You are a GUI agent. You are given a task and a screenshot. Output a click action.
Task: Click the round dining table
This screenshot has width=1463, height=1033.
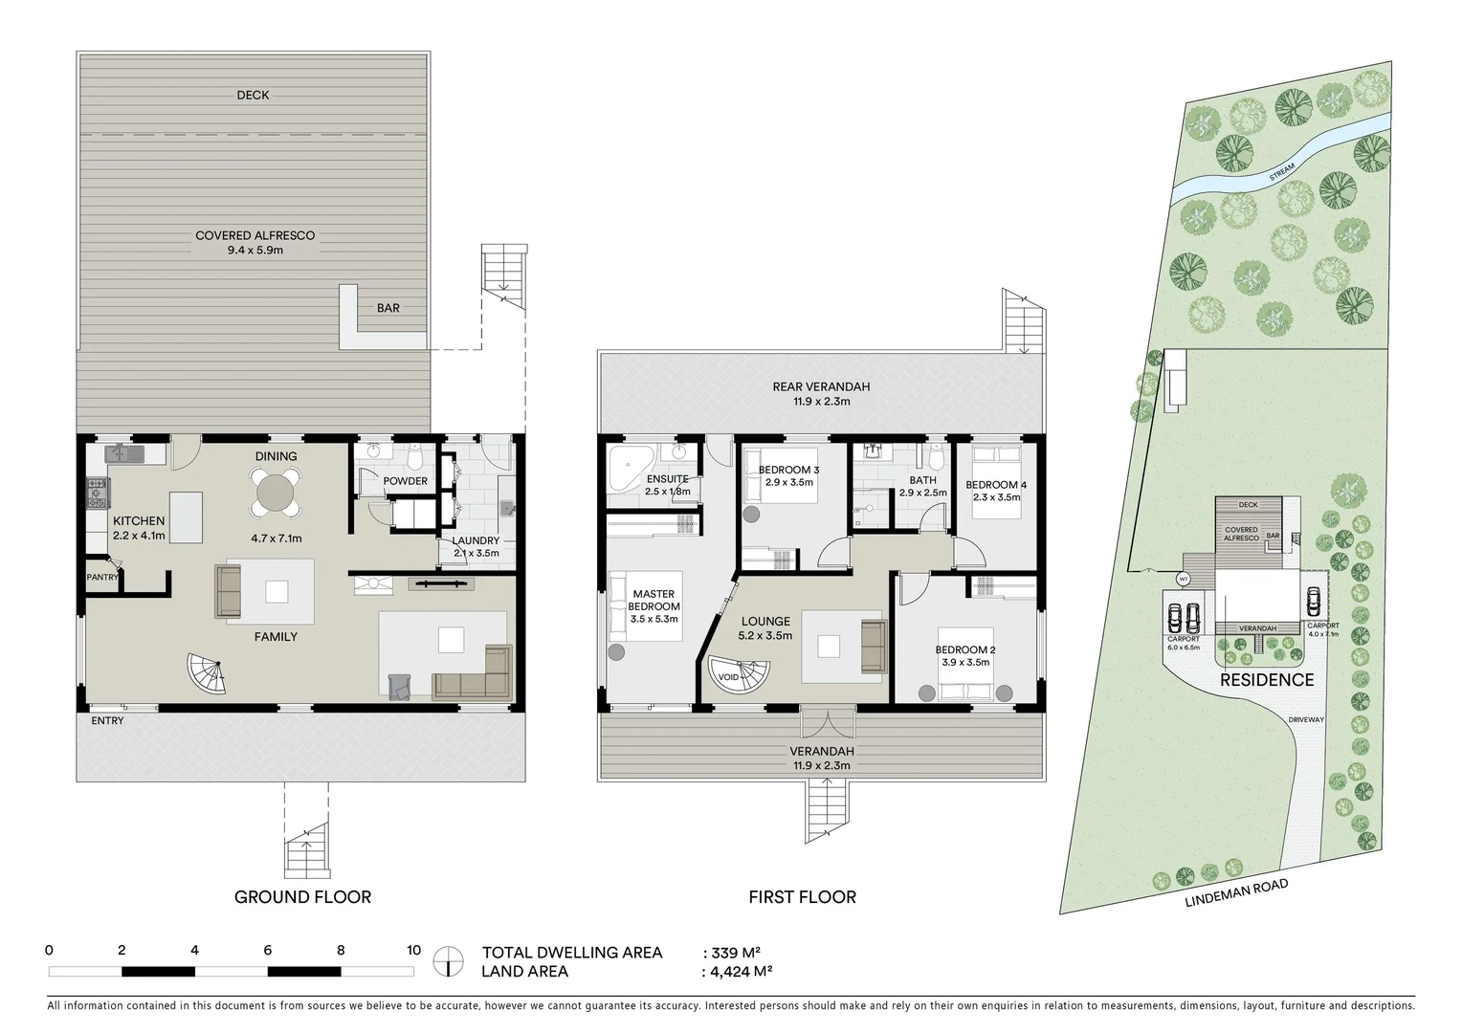[x=276, y=494]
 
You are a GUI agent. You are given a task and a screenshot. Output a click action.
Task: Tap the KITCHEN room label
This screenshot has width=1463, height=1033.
[x=139, y=521]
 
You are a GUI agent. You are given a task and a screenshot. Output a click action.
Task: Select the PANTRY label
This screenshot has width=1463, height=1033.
[x=101, y=578]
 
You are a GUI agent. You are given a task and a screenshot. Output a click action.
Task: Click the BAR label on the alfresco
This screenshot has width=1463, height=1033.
[x=388, y=308]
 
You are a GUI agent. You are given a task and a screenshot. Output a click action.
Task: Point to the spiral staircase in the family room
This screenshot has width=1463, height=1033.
[x=209, y=673]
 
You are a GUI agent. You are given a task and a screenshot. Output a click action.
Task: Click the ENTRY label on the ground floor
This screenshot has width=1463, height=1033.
[x=107, y=720]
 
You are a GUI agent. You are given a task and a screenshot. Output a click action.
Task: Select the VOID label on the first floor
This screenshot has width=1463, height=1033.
[x=728, y=677]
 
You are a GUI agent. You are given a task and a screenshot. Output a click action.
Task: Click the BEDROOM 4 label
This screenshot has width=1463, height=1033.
[x=996, y=485]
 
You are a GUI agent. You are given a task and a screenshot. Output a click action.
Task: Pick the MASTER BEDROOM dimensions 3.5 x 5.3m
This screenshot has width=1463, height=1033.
[x=654, y=619]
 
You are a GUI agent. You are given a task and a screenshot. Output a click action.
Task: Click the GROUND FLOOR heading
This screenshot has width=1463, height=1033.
[x=302, y=896]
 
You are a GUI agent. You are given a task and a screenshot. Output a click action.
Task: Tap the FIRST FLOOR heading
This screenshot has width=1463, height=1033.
[x=802, y=896]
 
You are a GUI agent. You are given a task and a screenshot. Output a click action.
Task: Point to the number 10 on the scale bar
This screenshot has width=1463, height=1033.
[x=413, y=950]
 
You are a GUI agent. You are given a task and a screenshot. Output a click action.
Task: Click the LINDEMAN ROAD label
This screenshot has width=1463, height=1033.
[x=1235, y=891]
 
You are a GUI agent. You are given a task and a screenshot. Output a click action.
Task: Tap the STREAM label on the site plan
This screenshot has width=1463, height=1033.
[x=1281, y=171]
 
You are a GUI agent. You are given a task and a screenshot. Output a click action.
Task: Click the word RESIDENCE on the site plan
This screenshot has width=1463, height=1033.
[x=1266, y=680]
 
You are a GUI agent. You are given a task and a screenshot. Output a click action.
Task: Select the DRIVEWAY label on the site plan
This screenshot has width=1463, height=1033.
[x=1305, y=719]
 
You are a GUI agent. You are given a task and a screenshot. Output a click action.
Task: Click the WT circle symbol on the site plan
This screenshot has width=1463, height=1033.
[x=1183, y=579]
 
